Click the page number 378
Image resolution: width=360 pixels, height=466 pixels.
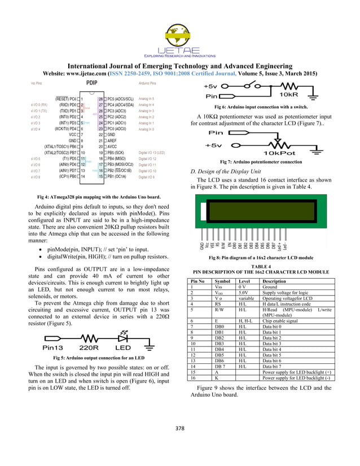[x=180, y=429]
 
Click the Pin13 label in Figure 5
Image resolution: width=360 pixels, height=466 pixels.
[x=50, y=348]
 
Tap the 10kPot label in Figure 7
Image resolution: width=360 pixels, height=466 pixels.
[x=282, y=153]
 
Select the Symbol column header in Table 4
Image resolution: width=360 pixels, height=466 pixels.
[x=222, y=281]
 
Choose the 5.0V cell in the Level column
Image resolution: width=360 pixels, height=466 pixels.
[x=243, y=292]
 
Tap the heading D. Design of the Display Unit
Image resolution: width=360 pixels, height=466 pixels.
[x=226, y=171]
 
